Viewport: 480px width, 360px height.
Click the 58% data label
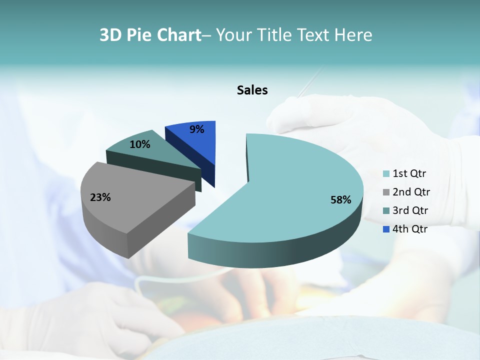pyautogui.click(x=340, y=200)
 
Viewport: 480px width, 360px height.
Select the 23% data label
pyautogui.click(x=100, y=197)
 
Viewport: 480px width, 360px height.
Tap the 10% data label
pyautogui.click(x=140, y=144)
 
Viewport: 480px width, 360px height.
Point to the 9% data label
pyautogui.click(x=197, y=129)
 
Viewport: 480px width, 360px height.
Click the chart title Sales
pyautogui.click(x=252, y=90)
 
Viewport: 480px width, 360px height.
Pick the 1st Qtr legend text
pyautogui.click(x=409, y=174)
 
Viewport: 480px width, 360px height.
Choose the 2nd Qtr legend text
pyautogui.click(x=411, y=192)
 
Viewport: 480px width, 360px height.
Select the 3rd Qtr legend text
pyautogui.click(x=410, y=210)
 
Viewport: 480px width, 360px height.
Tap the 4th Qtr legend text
pyautogui.click(x=410, y=229)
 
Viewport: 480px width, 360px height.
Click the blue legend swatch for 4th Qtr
pyautogui.click(x=386, y=229)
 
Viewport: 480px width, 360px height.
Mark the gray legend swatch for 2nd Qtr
pyautogui.click(x=386, y=192)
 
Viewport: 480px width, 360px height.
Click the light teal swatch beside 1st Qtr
pyautogui.click(x=386, y=174)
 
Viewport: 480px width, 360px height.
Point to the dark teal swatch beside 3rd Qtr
pyautogui.click(x=386, y=211)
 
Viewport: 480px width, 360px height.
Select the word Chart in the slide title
pyautogui.click(x=179, y=35)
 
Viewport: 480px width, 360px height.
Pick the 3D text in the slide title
pyautogui.click(x=110, y=35)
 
